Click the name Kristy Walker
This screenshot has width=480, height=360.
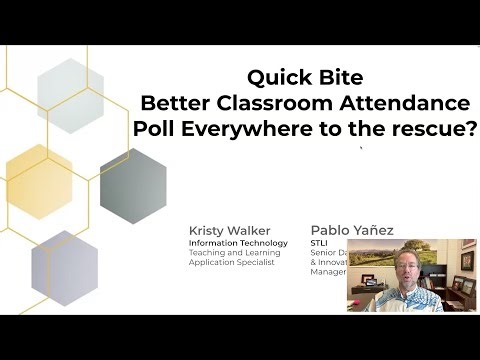229,230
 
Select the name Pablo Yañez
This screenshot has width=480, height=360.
352,230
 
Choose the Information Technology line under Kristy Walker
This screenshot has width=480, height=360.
238,243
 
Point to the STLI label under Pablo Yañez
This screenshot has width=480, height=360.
321,243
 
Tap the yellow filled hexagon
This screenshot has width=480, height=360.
39,173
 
